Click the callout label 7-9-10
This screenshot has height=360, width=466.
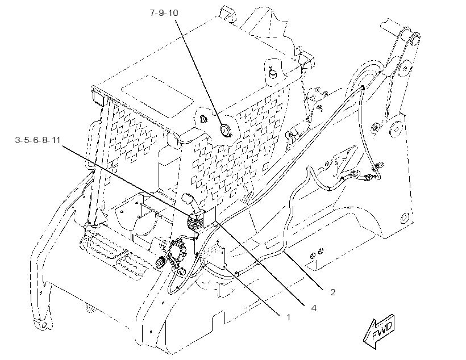(164, 13)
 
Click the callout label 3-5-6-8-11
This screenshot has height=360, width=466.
(38, 140)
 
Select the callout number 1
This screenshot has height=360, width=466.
(288, 317)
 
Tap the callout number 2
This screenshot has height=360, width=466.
(333, 292)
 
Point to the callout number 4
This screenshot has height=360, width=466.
(314, 308)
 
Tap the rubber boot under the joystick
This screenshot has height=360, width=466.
(195, 222)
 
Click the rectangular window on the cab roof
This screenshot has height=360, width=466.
(158, 96)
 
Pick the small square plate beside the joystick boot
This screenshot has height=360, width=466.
(209, 215)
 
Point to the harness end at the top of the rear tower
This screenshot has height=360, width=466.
(363, 87)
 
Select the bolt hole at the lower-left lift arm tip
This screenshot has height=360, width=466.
(44, 325)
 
